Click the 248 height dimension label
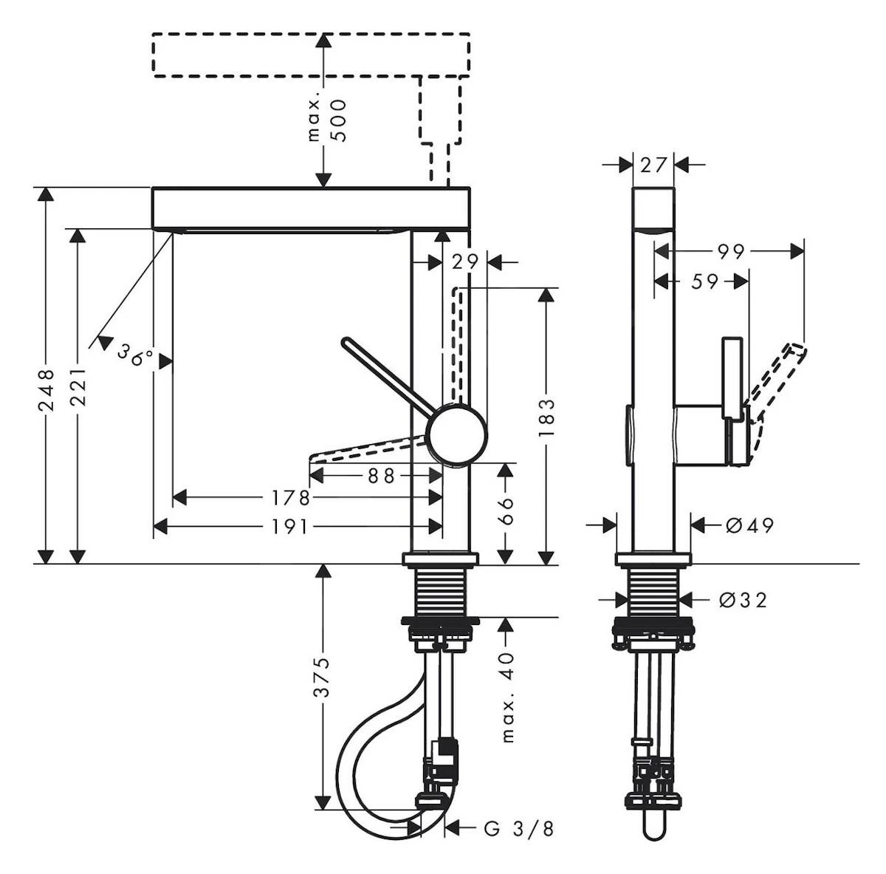(46, 390)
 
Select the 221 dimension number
(78, 385)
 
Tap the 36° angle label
(135, 357)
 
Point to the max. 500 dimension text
(327, 116)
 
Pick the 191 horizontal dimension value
(288, 526)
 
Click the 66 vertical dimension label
(506, 510)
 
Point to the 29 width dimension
(467, 262)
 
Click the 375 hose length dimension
(322, 677)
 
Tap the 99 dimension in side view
(731, 252)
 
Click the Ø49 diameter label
(749, 525)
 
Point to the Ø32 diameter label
(743, 599)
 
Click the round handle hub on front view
(458, 434)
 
